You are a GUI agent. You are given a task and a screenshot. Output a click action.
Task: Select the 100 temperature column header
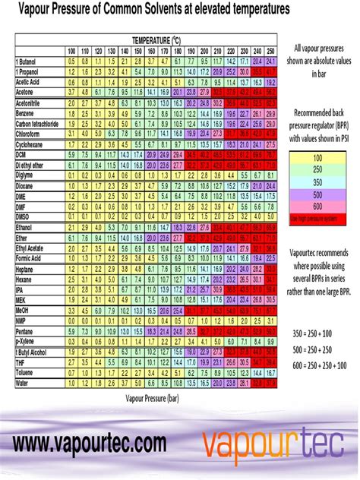(x=71, y=49)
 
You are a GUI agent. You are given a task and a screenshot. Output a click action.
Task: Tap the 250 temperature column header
(x=270, y=49)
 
